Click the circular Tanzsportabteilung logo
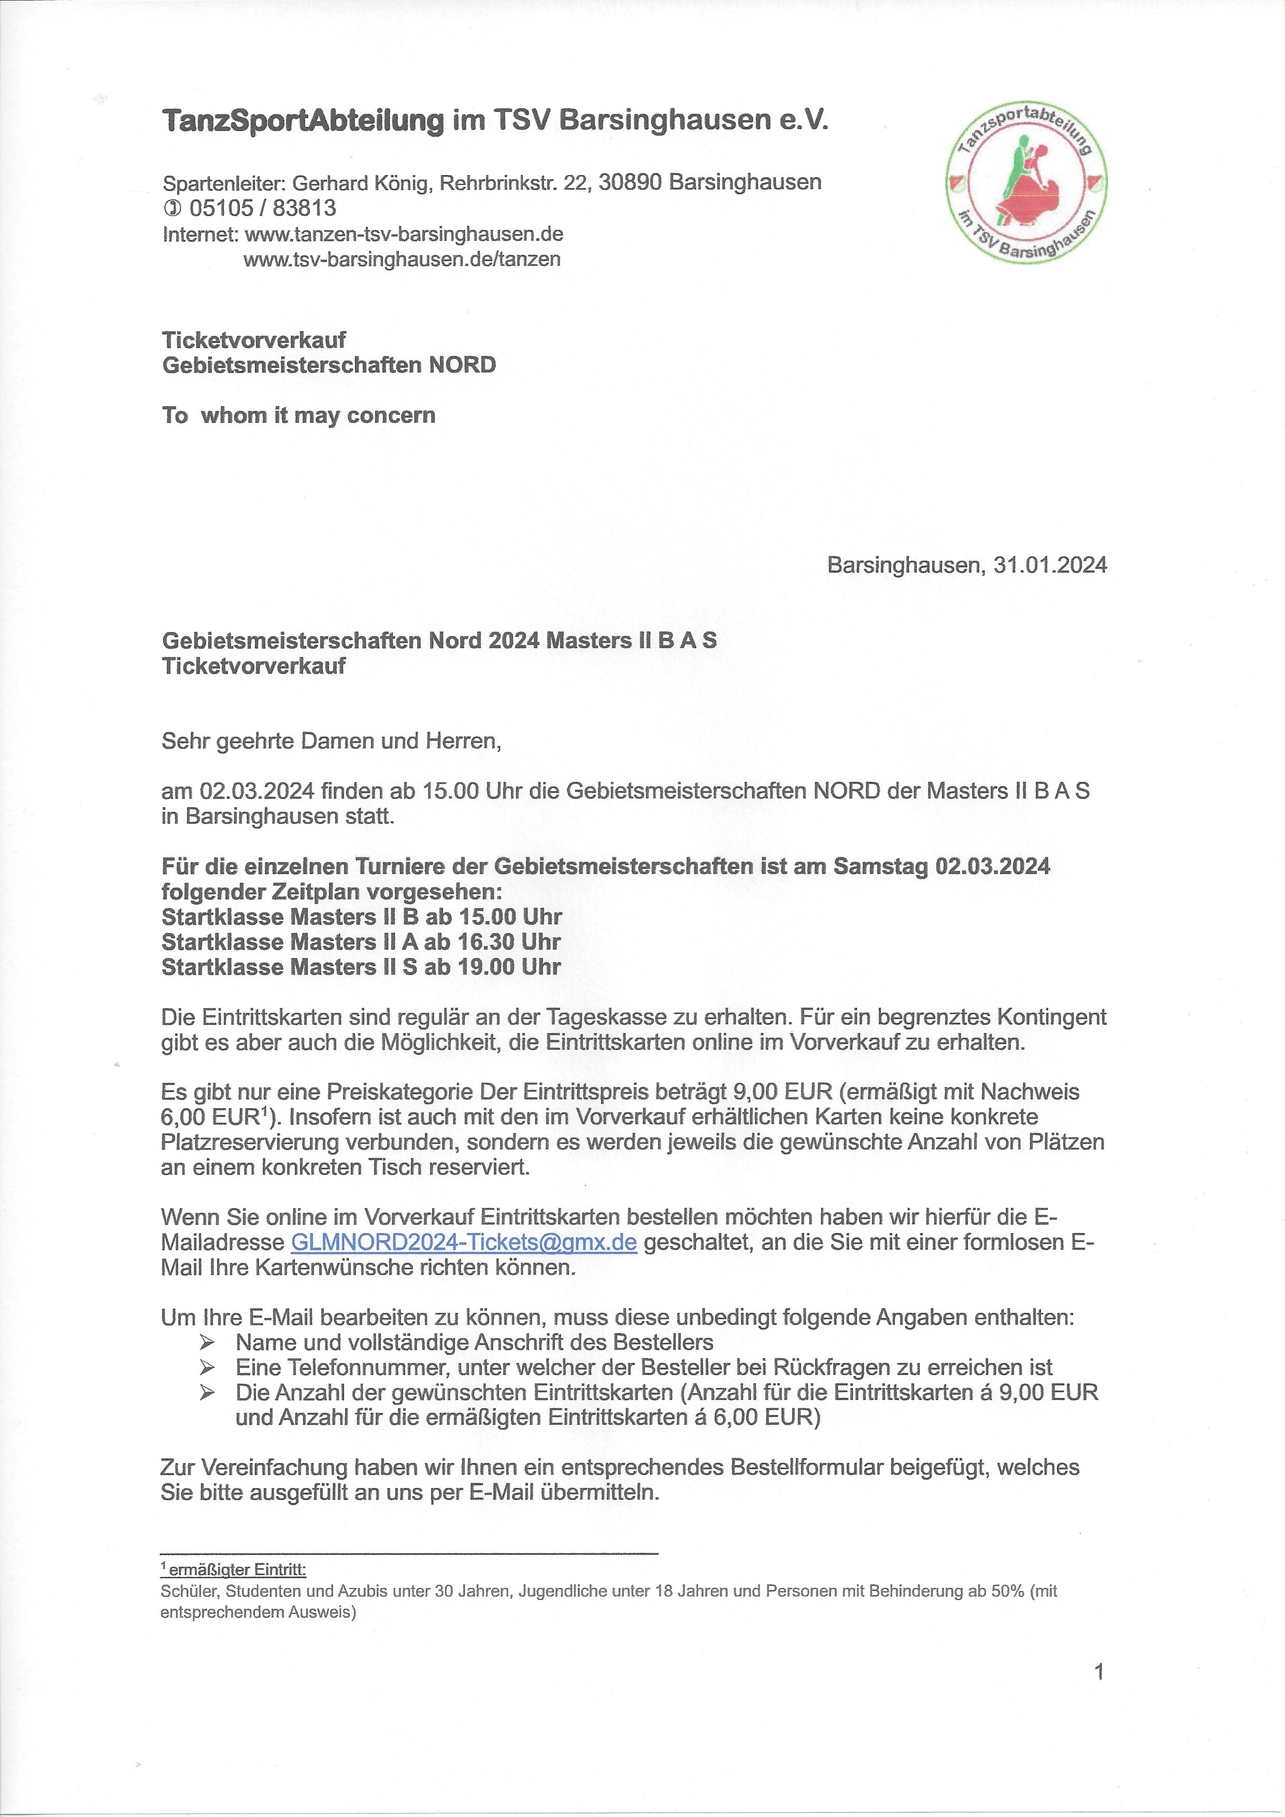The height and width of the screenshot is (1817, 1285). pyautogui.click(x=1027, y=183)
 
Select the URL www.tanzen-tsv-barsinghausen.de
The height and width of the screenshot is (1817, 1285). pyautogui.click(x=404, y=234)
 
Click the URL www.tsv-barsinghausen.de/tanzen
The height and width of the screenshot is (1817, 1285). pyautogui.click(x=402, y=260)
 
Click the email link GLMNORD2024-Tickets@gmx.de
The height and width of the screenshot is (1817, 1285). pyautogui.click(x=464, y=1242)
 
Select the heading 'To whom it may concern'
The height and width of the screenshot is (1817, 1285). pyautogui.click(x=298, y=416)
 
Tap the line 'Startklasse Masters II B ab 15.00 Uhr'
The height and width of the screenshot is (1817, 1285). pyautogui.click(x=362, y=917)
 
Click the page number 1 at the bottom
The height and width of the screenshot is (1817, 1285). pyautogui.click(x=1098, y=1672)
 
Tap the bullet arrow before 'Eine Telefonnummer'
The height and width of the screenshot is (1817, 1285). pyautogui.click(x=207, y=1367)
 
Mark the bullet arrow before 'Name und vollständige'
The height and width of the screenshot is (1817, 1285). pyautogui.click(x=207, y=1342)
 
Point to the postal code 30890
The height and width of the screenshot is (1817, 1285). pyautogui.click(x=631, y=183)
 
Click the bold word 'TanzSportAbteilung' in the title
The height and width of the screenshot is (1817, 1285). pyautogui.click(x=303, y=121)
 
